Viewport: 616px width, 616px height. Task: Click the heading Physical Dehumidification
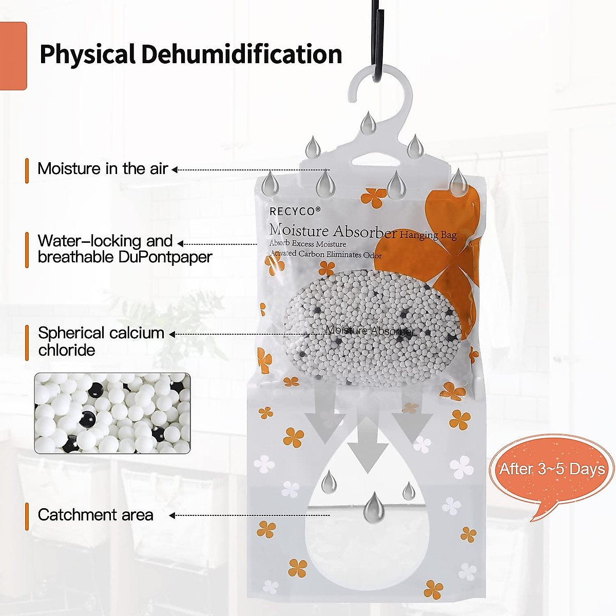(x=190, y=54)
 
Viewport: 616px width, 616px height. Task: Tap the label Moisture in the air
(x=103, y=169)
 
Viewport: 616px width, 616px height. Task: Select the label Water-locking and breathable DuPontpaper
(x=125, y=249)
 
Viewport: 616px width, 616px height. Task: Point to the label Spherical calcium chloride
(x=101, y=341)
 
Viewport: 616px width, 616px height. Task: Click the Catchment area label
(x=95, y=515)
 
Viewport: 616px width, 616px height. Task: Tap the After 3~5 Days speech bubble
(x=552, y=469)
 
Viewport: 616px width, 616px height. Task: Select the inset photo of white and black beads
(x=112, y=413)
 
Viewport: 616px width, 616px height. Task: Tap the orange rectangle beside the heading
(x=13, y=56)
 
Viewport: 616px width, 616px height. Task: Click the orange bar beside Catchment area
(x=27, y=516)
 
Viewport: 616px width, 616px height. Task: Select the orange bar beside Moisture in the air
(x=27, y=170)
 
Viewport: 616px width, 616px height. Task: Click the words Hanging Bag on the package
(x=428, y=235)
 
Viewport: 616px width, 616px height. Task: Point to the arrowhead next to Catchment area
(x=172, y=515)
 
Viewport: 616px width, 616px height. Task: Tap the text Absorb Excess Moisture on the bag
(x=308, y=244)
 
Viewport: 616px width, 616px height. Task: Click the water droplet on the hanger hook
(x=368, y=123)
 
